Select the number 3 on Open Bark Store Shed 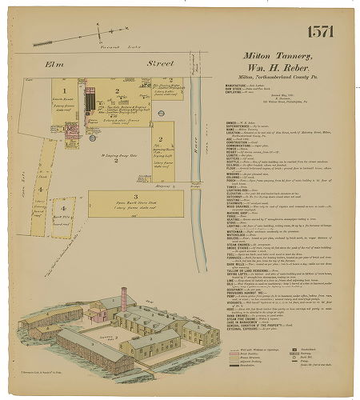(x=135, y=195)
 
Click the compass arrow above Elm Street (x=101, y=32)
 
